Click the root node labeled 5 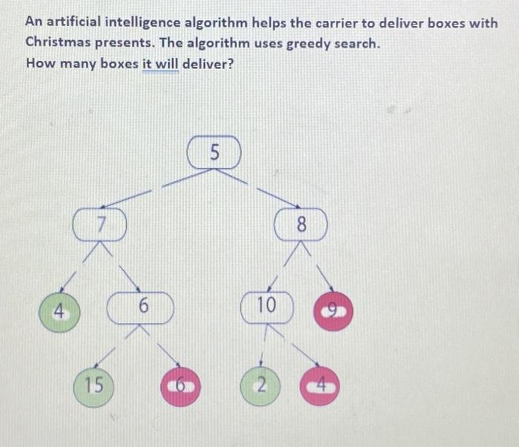point(214,152)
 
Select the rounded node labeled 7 point(99,224)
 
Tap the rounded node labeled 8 point(301,224)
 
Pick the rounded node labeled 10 point(267,307)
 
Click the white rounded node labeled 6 point(140,307)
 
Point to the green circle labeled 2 point(260,386)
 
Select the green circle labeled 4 point(59,312)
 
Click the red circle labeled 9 point(334,311)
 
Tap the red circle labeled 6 point(180,387)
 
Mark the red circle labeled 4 point(320,385)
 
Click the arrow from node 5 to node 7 point(157,189)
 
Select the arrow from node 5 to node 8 point(257,189)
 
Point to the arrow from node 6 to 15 point(116,346)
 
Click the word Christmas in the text point(58,42)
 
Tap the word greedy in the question point(308,44)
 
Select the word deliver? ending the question point(208,63)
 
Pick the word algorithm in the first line point(216,23)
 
